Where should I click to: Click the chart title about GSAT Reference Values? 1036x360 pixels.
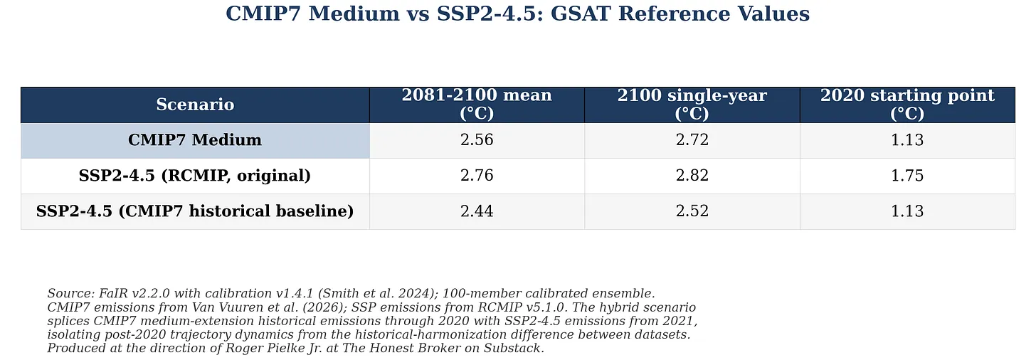pos(517,14)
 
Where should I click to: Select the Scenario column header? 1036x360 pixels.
pos(195,105)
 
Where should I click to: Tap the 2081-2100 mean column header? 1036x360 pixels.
pos(477,104)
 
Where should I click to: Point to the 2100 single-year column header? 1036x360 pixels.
pos(692,104)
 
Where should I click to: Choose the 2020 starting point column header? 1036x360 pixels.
pos(907,104)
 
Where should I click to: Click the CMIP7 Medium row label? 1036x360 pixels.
pos(195,139)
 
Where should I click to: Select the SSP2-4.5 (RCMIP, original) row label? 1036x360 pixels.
pos(195,175)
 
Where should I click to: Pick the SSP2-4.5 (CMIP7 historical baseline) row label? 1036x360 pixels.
pos(195,211)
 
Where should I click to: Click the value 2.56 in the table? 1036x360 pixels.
pos(477,139)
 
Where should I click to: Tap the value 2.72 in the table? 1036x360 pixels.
pos(692,139)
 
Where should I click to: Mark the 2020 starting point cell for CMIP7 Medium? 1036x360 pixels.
pos(907,139)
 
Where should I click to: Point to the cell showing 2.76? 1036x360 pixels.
pos(477,175)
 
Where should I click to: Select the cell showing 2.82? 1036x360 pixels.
pos(692,175)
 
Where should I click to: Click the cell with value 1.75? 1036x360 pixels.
pos(907,175)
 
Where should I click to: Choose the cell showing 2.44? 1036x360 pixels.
pos(477,211)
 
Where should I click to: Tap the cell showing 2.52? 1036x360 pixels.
pos(692,211)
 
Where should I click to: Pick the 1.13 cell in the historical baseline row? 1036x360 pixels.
pos(907,211)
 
